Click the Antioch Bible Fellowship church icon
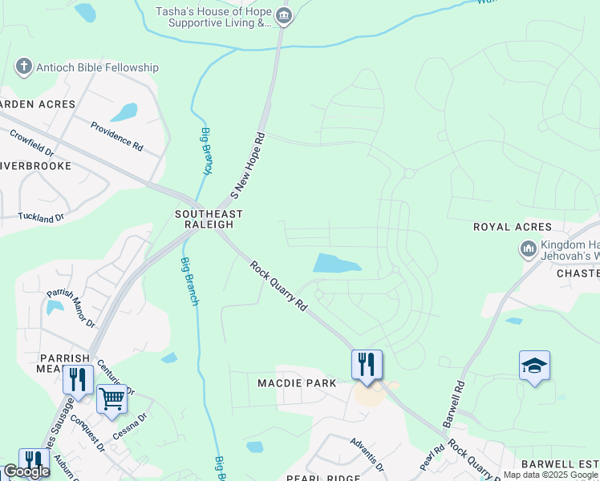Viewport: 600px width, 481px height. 24,67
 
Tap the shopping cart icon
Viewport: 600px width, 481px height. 111,398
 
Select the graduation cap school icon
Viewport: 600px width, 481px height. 534,366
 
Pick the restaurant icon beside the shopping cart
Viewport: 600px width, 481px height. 78,378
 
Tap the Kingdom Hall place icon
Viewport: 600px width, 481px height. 527,249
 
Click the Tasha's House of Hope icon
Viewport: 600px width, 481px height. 283,17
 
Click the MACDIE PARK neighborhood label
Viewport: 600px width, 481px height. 297,383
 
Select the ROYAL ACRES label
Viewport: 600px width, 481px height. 513,228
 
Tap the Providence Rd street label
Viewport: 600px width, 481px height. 116,137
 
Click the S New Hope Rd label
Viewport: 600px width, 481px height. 247,166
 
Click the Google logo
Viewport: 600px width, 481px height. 26,471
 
